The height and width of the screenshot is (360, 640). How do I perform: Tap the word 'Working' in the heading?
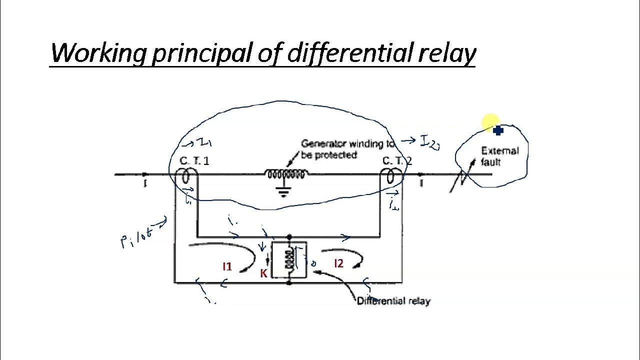[97, 52]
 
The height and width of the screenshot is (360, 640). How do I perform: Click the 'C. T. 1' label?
[194, 161]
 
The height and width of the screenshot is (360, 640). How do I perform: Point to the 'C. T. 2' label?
[397, 161]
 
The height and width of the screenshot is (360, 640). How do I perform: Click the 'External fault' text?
[499, 156]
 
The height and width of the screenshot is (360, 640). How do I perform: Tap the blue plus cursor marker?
[498, 131]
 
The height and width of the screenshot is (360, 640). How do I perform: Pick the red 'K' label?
[263, 273]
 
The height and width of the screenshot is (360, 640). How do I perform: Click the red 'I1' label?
[227, 267]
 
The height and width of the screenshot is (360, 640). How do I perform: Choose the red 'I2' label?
[338, 263]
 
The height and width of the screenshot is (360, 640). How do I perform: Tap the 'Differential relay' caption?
[393, 301]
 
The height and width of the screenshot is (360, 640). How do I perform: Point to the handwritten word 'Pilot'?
[136, 236]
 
